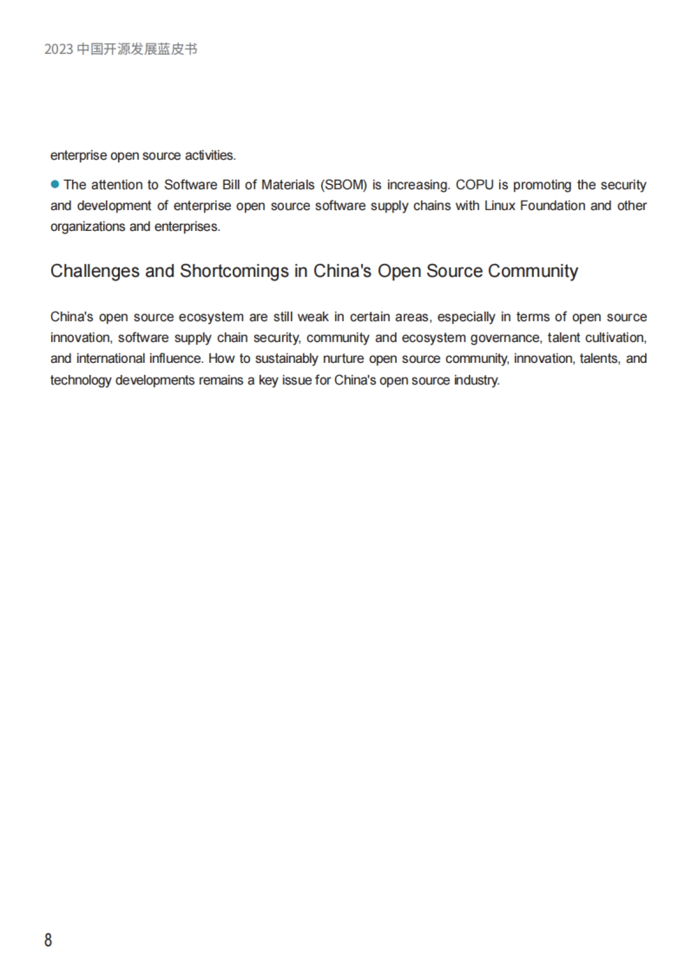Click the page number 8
click(x=48, y=940)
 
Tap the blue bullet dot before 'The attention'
click(x=55, y=184)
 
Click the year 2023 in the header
click(x=59, y=49)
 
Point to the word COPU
click(x=475, y=185)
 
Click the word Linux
click(x=500, y=206)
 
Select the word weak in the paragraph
click(x=313, y=317)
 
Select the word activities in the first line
click(x=210, y=156)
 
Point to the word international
click(x=111, y=359)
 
